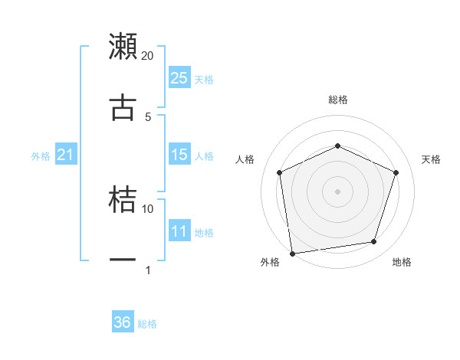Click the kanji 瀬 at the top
tap(123, 46)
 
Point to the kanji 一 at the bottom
tap(123, 260)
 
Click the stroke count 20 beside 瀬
tap(148, 56)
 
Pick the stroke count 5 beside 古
tap(148, 116)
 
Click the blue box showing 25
tap(179, 78)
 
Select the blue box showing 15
tap(179, 155)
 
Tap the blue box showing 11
tap(179, 231)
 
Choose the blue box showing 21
tap(66, 155)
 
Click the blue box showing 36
tap(123, 322)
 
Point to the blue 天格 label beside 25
tap(204, 79)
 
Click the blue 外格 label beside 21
tap(41, 156)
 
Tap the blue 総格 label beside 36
tap(147, 324)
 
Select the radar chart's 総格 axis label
tap(338, 100)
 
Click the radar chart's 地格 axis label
tap(402, 263)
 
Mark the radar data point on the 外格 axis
tap(291, 253)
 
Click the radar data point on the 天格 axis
tap(396, 172)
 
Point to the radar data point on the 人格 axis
tap(280, 172)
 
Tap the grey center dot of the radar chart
tap(338, 191)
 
